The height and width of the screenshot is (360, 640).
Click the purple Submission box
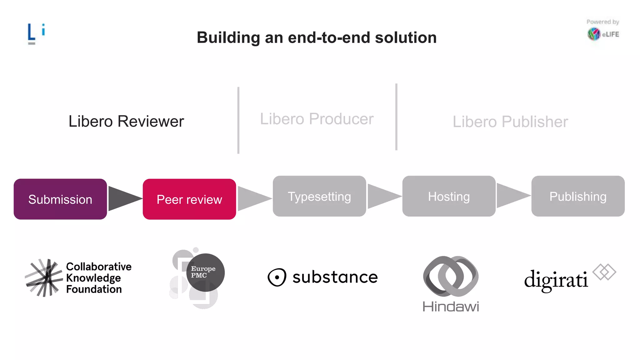pos(60,199)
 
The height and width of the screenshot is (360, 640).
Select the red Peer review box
pos(189,199)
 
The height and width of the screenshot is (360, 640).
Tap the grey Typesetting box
pos(319,196)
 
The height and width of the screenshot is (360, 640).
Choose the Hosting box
pos(449,196)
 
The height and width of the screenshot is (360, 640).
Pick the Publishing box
pos(578,196)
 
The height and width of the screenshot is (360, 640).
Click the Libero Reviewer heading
pos(126,121)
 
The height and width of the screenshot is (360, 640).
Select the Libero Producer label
pos(317,119)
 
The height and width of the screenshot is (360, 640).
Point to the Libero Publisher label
pos(510,122)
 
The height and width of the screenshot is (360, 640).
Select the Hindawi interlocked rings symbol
pos(451,276)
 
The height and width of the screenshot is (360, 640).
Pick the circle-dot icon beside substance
pos(277,277)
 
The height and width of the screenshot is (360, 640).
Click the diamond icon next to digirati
pos(604,272)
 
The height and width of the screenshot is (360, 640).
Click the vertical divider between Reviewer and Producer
pos(238,120)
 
